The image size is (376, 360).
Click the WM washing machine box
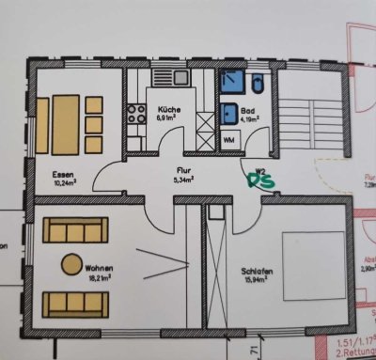coord(229,140)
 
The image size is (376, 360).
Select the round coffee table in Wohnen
coord(72,264)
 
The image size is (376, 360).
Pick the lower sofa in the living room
coord(73,300)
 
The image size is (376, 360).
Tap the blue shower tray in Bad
coord(230,83)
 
